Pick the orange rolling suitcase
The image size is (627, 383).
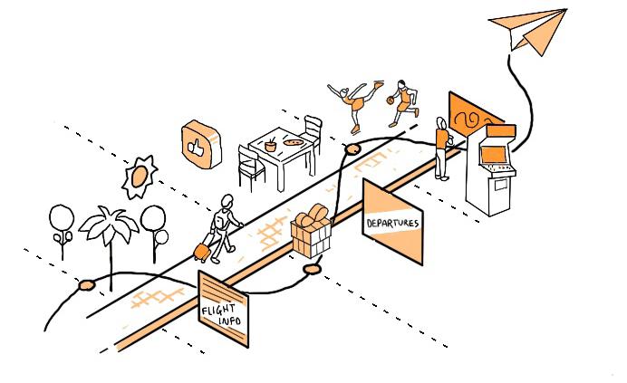(x=202, y=251)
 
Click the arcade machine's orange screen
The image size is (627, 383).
(x=494, y=156)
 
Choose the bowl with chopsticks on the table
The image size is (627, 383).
(x=271, y=143)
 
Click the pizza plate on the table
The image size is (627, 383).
(x=292, y=141)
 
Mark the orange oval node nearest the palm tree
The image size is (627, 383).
(x=87, y=285)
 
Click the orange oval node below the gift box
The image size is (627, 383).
(x=313, y=269)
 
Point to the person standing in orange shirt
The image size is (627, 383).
(x=441, y=145)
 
